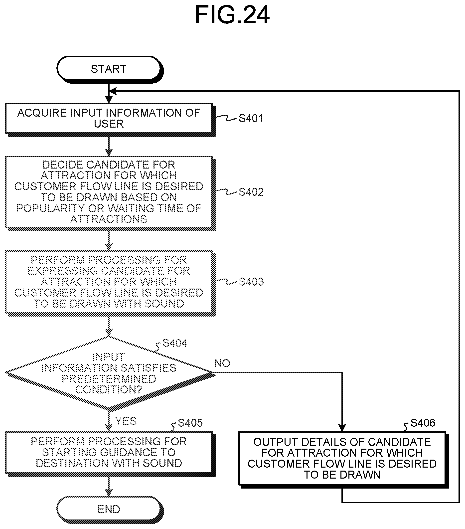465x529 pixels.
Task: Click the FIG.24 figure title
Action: tap(232, 15)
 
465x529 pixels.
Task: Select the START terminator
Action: tap(110, 69)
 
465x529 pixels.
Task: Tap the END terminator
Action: tap(110, 509)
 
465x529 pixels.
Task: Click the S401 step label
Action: tap(251, 118)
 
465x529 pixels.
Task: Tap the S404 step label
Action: tap(175, 343)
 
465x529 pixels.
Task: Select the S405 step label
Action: tap(190, 423)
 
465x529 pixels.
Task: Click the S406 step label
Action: tap(423, 423)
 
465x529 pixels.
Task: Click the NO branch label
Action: tap(222, 364)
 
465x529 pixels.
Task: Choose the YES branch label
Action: tap(126, 421)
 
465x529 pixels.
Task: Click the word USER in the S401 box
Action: tap(109, 124)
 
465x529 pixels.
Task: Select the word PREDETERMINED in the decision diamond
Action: tap(109, 379)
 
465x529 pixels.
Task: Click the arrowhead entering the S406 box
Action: tap(342, 428)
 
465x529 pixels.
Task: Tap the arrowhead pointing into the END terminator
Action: tap(109, 492)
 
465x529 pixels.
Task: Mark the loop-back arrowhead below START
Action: tap(113, 91)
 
